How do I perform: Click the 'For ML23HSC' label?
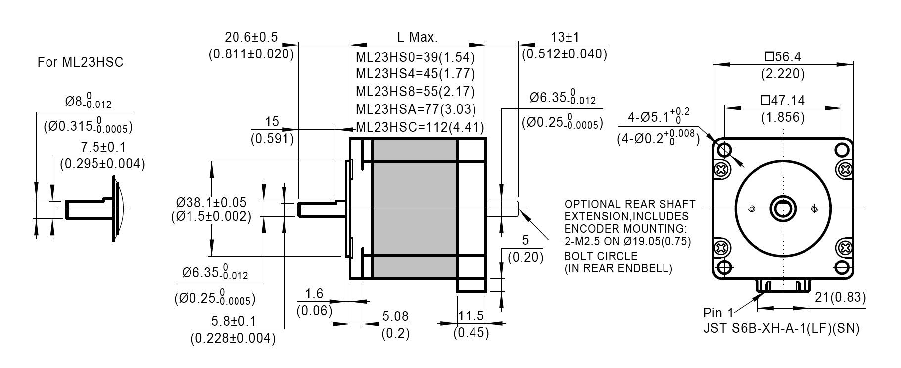pyautogui.click(x=80, y=62)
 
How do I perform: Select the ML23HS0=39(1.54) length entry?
pyautogui.click(x=415, y=57)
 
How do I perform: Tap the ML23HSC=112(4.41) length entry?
pyautogui.click(x=419, y=127)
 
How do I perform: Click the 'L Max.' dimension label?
pyautogui.click(x=417, y=37)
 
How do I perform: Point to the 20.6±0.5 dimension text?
pyautogui.click(x=251, y=37)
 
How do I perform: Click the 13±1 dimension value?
pyautogui.click(x=565, y=37)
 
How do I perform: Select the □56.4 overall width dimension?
pyautogui.click(x=782, y=57)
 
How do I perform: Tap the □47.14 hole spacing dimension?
pyautogui.click(x=783, y=101)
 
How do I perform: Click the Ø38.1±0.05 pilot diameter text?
pyautogui.click(x=211, y=202)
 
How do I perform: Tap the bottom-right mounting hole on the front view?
pyautogui.click(x=842, y=267)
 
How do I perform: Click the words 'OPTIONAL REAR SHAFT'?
pyautogui.click(x=629, y=204)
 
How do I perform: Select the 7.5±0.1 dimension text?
pyautogui.click(x=102, y=147)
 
